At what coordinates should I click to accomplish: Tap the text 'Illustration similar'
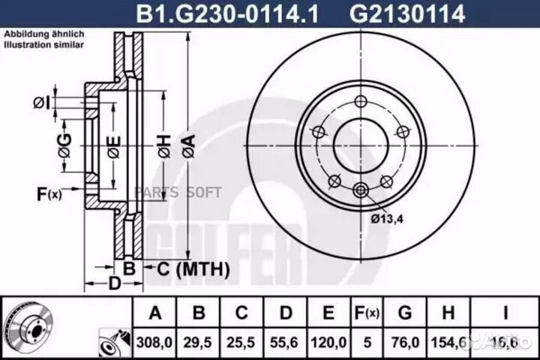click(43, 45)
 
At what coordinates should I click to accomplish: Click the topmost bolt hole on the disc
click(361, 102)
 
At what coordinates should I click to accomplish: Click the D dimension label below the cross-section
click(114, 283)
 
